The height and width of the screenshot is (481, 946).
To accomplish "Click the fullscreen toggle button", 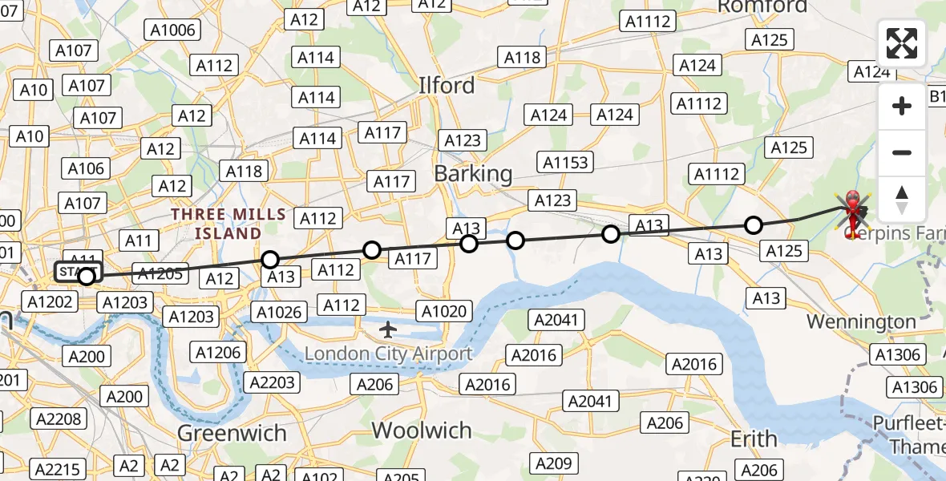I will point(902,43).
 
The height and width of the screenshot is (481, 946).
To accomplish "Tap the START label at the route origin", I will point(77,272).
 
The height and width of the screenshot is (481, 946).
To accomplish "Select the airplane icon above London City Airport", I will point(389,329).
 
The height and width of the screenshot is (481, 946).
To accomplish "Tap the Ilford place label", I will point(447,85).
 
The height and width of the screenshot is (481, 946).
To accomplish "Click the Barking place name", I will point(473,173).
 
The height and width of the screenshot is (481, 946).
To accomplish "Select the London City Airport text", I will point(388,353).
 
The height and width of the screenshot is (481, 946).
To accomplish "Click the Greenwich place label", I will point(232,433).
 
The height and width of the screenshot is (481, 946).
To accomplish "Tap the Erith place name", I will point(754,439).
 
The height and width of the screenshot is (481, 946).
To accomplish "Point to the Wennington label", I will point(861,321).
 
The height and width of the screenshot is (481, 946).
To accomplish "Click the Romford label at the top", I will point(762,6).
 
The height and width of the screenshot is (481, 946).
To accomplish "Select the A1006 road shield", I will point(172,30).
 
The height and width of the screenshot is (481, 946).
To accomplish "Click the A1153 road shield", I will point(565,162).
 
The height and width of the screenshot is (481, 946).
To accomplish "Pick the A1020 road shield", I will point(445,311).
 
